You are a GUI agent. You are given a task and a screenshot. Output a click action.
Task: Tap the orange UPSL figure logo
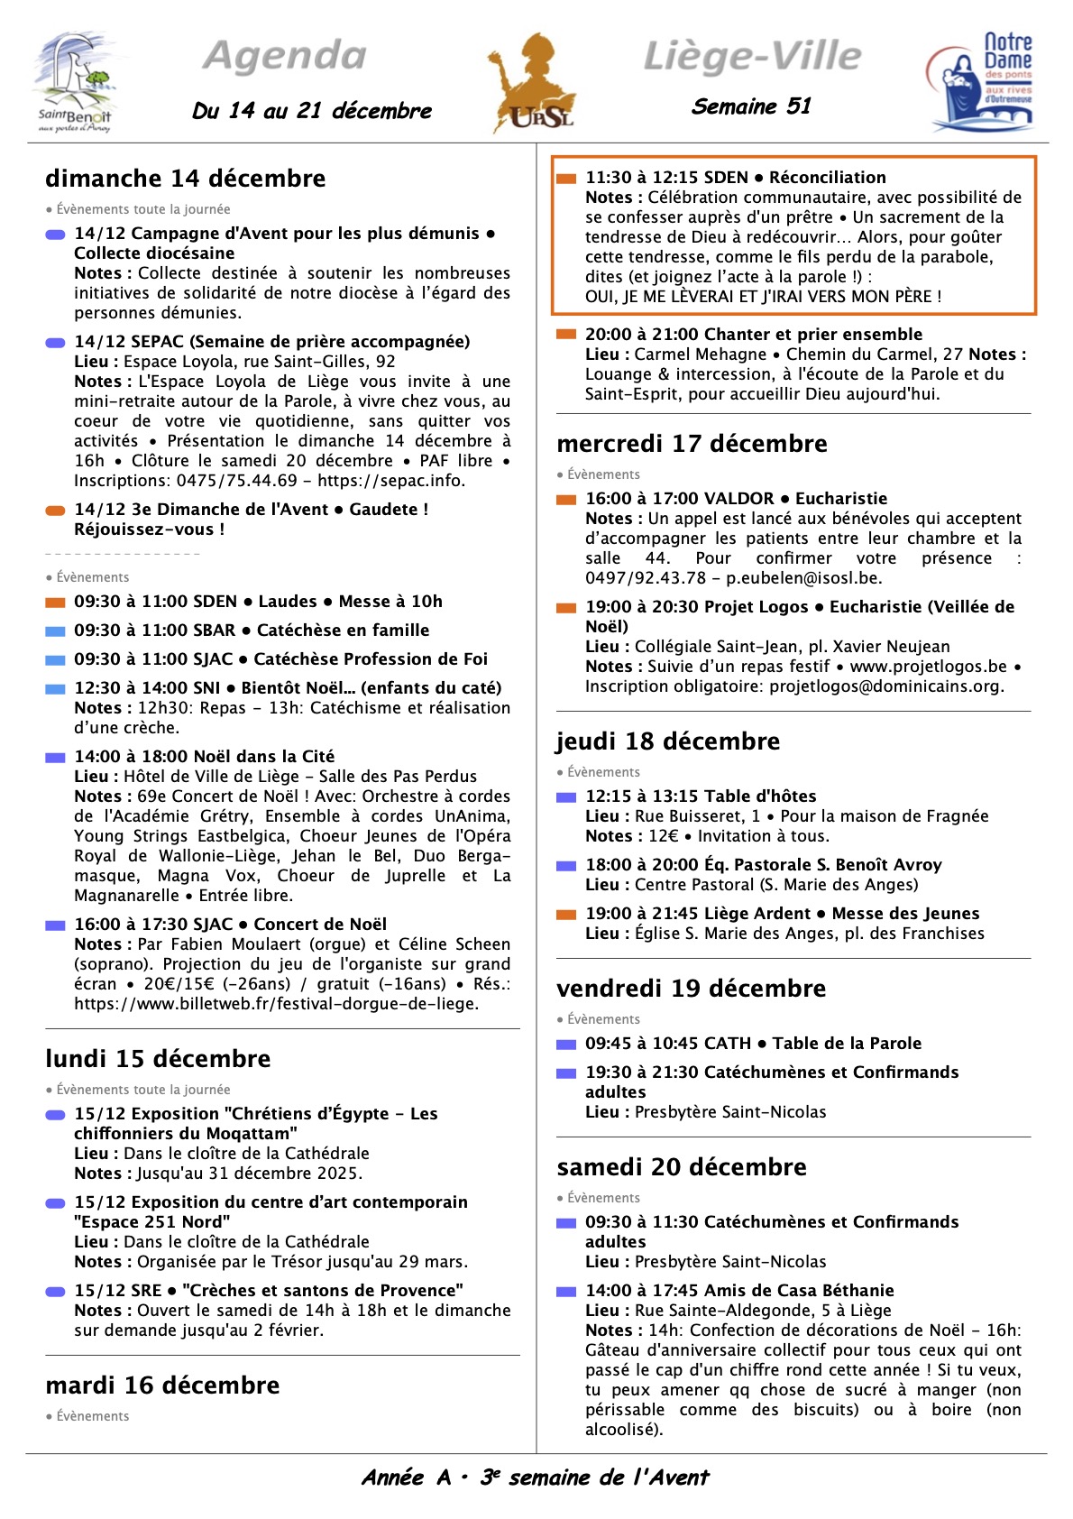[533, 84]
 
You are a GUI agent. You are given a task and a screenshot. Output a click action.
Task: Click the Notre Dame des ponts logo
[980, 82]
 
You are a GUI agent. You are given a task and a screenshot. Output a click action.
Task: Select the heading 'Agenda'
[285, 56]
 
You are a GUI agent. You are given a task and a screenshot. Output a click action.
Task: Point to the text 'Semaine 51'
[751, 106]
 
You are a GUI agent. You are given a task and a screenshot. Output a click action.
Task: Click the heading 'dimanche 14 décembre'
[185, 179]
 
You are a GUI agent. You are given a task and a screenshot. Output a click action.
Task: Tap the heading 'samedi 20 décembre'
[681, 1167]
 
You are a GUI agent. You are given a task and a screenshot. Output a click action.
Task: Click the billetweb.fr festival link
[276, 1004]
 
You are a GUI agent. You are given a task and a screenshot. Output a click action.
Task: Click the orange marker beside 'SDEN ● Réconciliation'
[566, 179]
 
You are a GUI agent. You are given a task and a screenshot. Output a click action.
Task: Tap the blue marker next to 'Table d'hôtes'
[566, 797]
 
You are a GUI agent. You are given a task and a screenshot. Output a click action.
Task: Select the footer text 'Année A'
[406, 1478]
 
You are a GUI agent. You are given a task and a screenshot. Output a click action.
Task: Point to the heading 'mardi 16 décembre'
[162, 1386]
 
